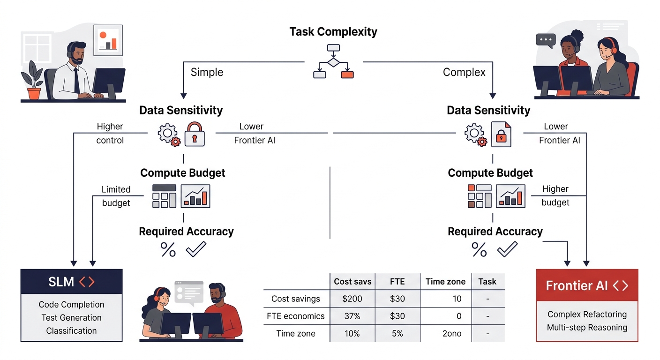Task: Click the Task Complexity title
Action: pos(333,32)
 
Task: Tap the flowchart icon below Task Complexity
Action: pos(333,61)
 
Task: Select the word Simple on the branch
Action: pos(207,73)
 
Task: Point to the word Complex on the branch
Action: pos(464,73)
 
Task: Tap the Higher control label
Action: pos(110,133)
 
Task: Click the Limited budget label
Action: pos(116,196)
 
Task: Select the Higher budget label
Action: pos(555,195)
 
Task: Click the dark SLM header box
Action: pos(72,281)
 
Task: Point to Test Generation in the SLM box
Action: pos(72,317)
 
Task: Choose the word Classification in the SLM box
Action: pos(72,330)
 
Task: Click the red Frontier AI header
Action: pos(587,285)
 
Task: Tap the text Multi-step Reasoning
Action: pos(587,327)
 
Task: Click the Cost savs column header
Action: pos(352,281)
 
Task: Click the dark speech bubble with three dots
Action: pos(546,40)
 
